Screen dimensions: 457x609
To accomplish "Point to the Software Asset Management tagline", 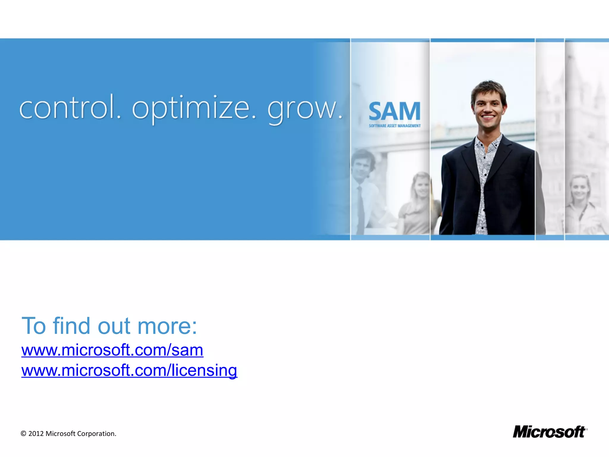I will [395, 126].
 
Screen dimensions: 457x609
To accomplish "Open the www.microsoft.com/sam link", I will [112, 350].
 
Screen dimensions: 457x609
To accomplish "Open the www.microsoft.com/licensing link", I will [129, 371].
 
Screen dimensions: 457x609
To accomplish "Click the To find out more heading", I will [109, 326].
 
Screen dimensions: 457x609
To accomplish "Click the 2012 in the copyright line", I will [36, 434].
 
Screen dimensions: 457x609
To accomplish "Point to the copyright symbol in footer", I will [23, 434].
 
